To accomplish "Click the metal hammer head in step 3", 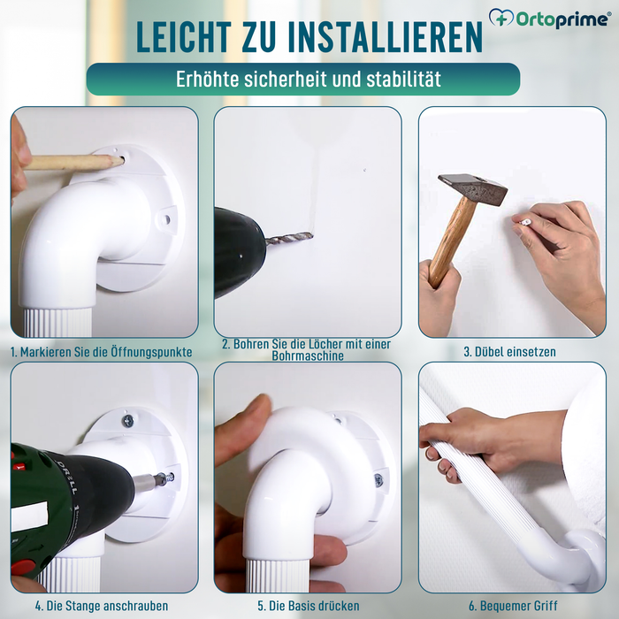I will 472,189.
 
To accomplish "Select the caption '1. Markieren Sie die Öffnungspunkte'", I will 102,351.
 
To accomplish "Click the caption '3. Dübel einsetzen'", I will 510,351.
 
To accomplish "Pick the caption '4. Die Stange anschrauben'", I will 102,606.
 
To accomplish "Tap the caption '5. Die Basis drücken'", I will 307,606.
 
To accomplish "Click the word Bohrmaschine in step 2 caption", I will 307,356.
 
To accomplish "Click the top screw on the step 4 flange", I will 128,421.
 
